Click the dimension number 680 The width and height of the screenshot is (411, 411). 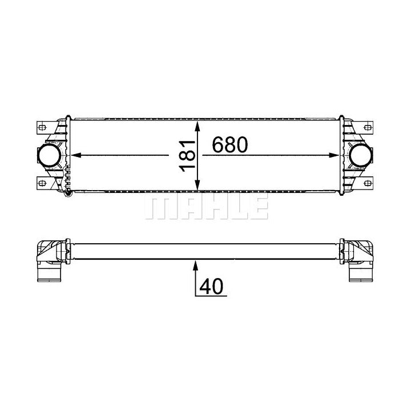[x=229, y=144]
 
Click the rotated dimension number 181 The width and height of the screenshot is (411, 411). [x=187, y=156]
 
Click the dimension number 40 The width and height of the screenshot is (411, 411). [x=211, y=286]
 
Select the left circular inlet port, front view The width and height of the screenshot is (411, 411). [x=49, y=156]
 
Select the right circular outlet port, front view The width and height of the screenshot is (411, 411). [x=361, y=156]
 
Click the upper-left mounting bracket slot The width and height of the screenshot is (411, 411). [x=42, y=128]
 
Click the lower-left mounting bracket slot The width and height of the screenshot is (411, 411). [x=42, y=183]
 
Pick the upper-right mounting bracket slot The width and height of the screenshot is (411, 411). [x=368, y=128]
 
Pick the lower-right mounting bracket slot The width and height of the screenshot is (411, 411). [x=368, y=183]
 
